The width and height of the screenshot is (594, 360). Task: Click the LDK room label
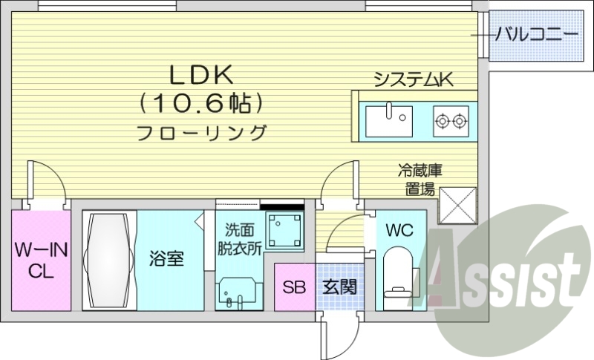click(202, 73)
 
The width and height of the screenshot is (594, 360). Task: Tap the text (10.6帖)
click(202, 102)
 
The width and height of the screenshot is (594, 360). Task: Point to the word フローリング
click(202, 134)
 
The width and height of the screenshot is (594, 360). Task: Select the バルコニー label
click(537, 33)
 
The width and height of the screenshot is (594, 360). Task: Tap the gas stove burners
click(451, 118)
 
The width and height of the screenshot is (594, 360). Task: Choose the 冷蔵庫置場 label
click(415, 180)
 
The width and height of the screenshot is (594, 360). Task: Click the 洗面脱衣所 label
click(238, 239)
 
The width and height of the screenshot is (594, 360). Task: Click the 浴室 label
click(166, 261)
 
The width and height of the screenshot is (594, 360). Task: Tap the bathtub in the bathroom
click(109, 261)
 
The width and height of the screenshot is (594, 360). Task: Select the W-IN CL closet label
click(41, 261)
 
